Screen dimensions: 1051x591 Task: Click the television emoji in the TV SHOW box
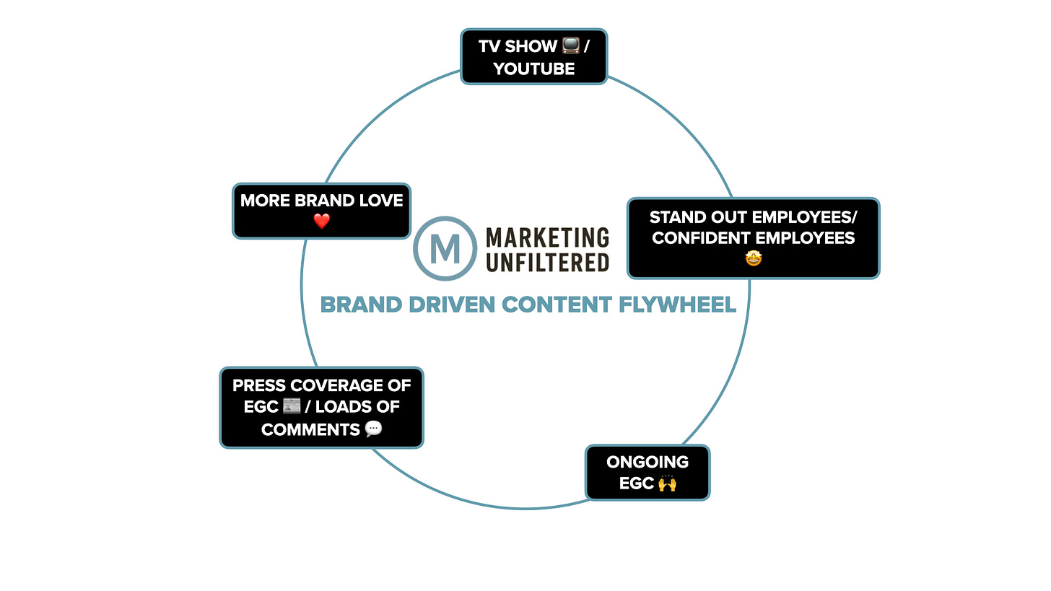click(x=570, y=45)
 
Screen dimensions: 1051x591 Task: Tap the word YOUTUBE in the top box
click(x=534, y=69)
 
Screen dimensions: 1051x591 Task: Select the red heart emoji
click(x=322, y=221)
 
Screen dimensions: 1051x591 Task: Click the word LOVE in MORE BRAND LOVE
click(x=381, y=201)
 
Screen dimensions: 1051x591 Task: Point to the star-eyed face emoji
click(x=754, y=258)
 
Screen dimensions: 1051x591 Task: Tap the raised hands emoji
click(x=667, y=483)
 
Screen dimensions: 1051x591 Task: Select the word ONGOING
click(x=647, y=462)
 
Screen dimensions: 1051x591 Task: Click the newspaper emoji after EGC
click(x=292, y=406)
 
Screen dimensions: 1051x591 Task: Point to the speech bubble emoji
click(x=373, y=429)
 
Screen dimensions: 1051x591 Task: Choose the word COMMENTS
click(x=310, y=429)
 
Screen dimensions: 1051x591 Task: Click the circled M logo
click(x=445, y=248)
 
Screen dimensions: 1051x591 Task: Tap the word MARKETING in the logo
click(x=548, y=237)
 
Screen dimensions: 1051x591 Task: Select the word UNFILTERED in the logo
click(x=548, y=263)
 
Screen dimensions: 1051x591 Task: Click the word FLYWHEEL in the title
click(x=678, y=305)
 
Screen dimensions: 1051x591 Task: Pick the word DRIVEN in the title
click(x=452, y=305)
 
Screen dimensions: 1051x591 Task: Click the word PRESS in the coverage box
click(x=259, y=385)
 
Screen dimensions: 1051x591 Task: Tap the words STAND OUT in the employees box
click(x=700, y=217)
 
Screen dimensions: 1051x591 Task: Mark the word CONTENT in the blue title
click(x=557, y=305)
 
